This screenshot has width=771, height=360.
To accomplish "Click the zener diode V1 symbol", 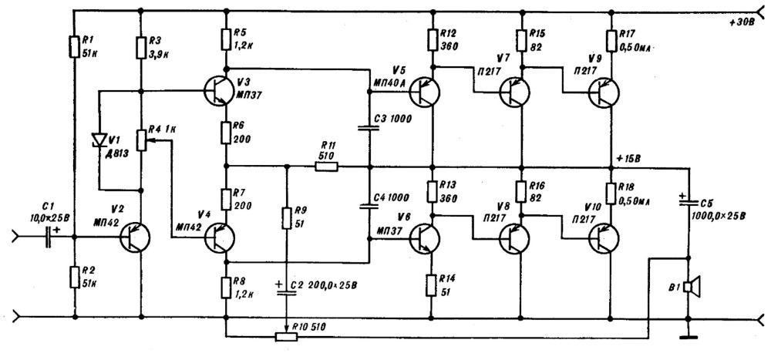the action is [99, 140].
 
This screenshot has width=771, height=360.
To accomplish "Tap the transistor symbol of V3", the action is [220, 90].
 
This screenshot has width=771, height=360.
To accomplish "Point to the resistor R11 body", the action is [326, 167].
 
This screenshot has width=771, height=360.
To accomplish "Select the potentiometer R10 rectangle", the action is [286, 337].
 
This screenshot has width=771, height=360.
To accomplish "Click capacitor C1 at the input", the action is [48, 237].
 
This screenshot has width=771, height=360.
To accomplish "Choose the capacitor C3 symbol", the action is [369, 128].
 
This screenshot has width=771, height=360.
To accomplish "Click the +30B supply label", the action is [742, 23].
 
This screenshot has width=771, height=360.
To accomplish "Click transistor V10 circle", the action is [604, 238].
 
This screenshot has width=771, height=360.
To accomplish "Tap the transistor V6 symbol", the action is [424, 238].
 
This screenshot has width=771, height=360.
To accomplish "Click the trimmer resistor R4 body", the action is [140, 140].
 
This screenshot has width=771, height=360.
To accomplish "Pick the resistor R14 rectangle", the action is [431, 284].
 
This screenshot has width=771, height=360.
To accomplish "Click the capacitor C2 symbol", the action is [287, 291].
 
